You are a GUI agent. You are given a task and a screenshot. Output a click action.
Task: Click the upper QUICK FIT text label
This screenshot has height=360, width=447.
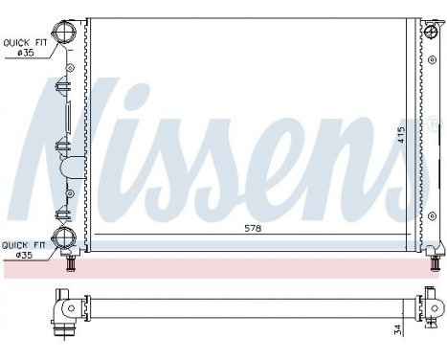24,42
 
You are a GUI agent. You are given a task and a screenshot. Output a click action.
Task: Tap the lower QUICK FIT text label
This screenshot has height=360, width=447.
22,244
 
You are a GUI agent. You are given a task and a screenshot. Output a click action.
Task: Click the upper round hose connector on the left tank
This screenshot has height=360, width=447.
65,34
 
